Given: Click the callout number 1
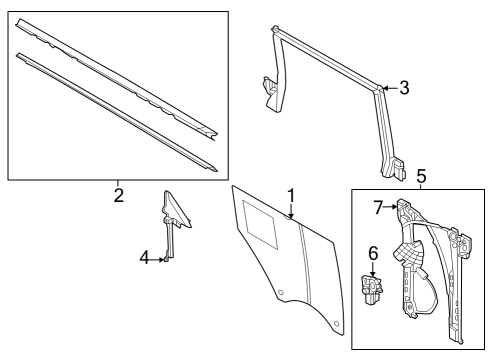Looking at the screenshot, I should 291,195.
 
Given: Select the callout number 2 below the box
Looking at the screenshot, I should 118,195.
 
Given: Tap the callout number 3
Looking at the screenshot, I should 404,88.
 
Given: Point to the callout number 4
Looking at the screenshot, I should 145,259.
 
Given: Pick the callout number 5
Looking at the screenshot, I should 421,178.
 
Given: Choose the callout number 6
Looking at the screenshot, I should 373,254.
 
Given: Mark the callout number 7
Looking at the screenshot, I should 379,207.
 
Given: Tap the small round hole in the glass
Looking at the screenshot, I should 282,293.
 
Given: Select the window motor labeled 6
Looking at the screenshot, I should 373,292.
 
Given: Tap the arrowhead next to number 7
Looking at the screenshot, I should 396,207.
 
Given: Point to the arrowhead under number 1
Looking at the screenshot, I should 291,216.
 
